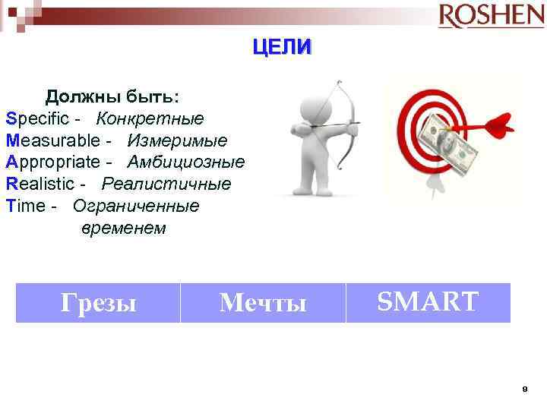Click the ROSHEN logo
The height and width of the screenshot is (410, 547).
[491, 16]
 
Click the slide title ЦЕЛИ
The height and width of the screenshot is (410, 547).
[282, 47]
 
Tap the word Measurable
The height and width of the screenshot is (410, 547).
[52, 140]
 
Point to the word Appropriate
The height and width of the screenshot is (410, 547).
[52, 162]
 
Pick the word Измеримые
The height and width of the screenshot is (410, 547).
[177, 140]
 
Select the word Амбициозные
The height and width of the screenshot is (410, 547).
[186, 162]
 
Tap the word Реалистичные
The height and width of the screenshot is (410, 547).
[166, 184]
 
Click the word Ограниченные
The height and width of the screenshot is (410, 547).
[136, 206]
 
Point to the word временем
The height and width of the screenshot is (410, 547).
[122, 228]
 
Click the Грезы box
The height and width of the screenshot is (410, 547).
[98, 303]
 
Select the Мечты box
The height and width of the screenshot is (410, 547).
[263, 303]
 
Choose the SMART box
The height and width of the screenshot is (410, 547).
[428, 302]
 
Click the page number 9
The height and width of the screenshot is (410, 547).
[524, 389]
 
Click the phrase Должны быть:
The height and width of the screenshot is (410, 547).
[112, 97]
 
